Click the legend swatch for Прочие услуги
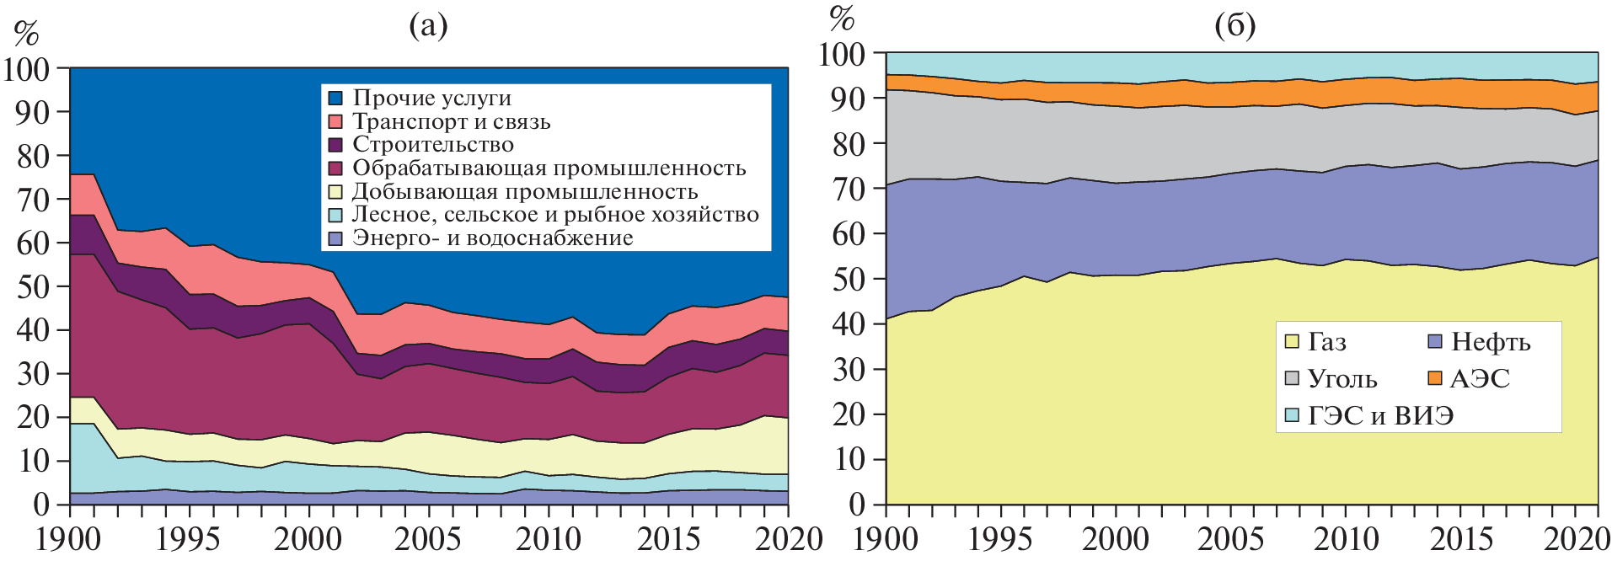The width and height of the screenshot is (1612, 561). (335, 99)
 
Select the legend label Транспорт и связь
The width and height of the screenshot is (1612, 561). (451, 122)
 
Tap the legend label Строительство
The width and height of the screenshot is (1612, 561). (432, 145)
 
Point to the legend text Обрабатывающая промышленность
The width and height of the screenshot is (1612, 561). (549, 168)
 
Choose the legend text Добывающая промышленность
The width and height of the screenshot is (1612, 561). (524, 192)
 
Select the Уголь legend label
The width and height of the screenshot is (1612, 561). (1342, 379)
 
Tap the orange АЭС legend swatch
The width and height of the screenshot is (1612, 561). (1435, 379)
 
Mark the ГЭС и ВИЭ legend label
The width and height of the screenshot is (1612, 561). (1380, 416)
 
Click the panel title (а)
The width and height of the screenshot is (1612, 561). (428, 26)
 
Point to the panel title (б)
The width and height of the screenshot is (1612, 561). (1235, 26)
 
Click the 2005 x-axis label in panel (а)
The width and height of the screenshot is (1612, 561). (428, 539)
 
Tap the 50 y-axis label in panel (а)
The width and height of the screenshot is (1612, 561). (34, 286)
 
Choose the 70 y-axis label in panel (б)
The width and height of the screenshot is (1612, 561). (849, 189)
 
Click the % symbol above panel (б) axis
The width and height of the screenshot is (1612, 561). (842, 18)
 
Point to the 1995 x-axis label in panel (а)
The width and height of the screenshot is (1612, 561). (189, 539)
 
